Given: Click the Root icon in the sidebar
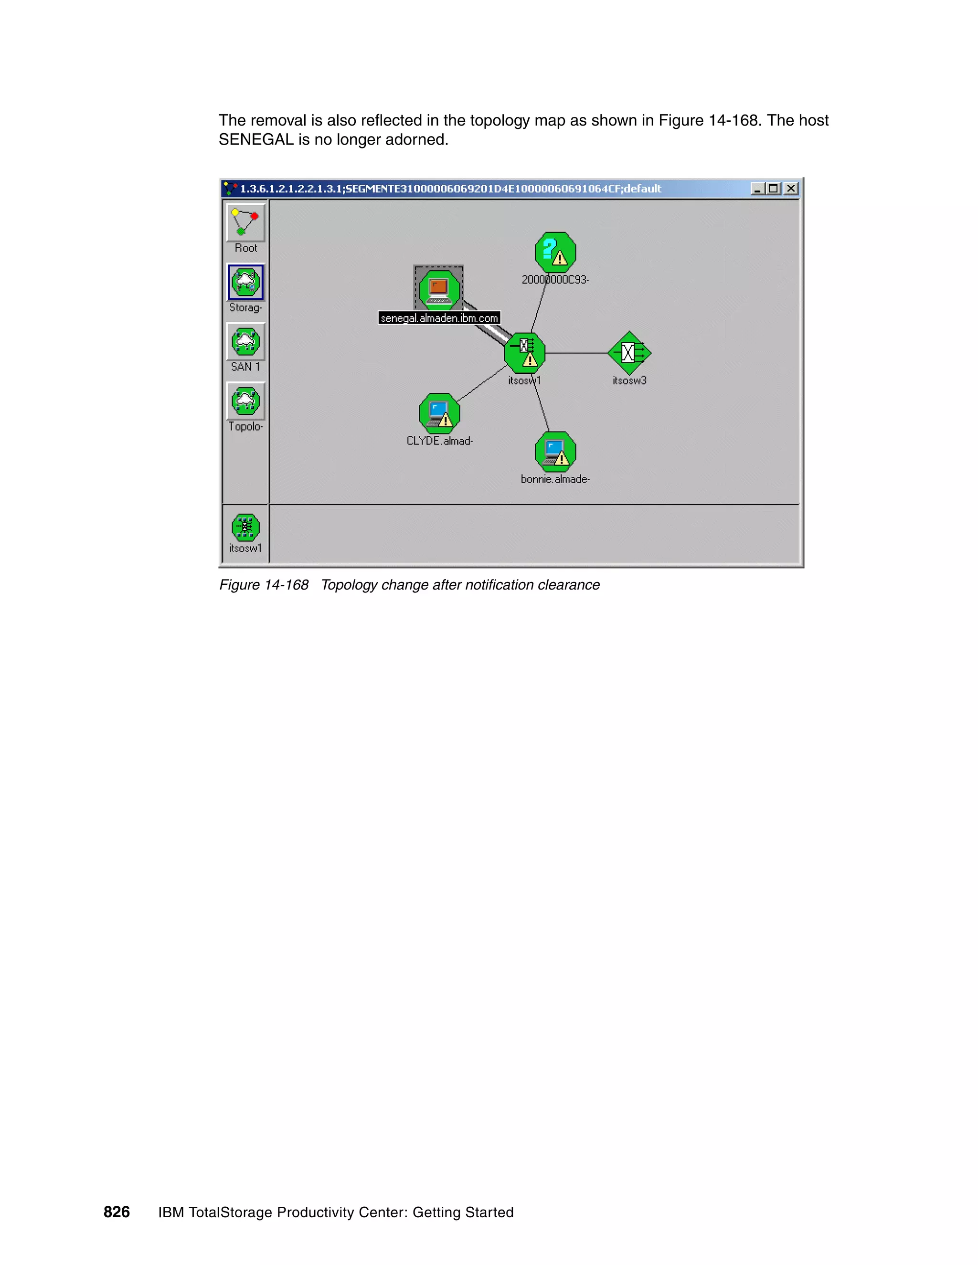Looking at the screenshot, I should pyautogui.click(x=245, y=222).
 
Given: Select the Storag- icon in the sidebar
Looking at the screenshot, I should pyautogui.click(x=245, y=282).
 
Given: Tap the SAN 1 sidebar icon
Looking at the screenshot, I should pyautogui.click(x=245, y=342).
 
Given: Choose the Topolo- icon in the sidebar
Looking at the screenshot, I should pyautogui.click(x=245, y=401).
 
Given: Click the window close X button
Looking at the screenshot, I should pyautogui.click(x=791, y=189).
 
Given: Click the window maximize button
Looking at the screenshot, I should pyautogui.click(x=774, y=189).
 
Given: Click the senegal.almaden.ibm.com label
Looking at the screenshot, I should pyautogui.click(x=439, y=318).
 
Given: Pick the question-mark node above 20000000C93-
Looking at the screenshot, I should pyautogui.click(x=555, y=253).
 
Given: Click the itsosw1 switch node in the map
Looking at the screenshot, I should pyautogui.click(x=524, y=353).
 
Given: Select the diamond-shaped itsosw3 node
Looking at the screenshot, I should pyautogui.click(x=629, y=353).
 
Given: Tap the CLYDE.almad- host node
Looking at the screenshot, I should pyautogui.click(x=439, y=413).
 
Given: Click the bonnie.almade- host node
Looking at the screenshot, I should pyautogui.click(x=555, y=452).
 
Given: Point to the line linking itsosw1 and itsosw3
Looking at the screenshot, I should pyautogui.click(x=576, y=353).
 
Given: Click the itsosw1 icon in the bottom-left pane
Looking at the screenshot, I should pyautogui.click(x=245, y=527).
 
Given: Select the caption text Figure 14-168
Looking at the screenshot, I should pyautogui.click(x=264, y=585).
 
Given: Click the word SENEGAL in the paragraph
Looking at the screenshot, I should pyautogui.click(x=255, y=139).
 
